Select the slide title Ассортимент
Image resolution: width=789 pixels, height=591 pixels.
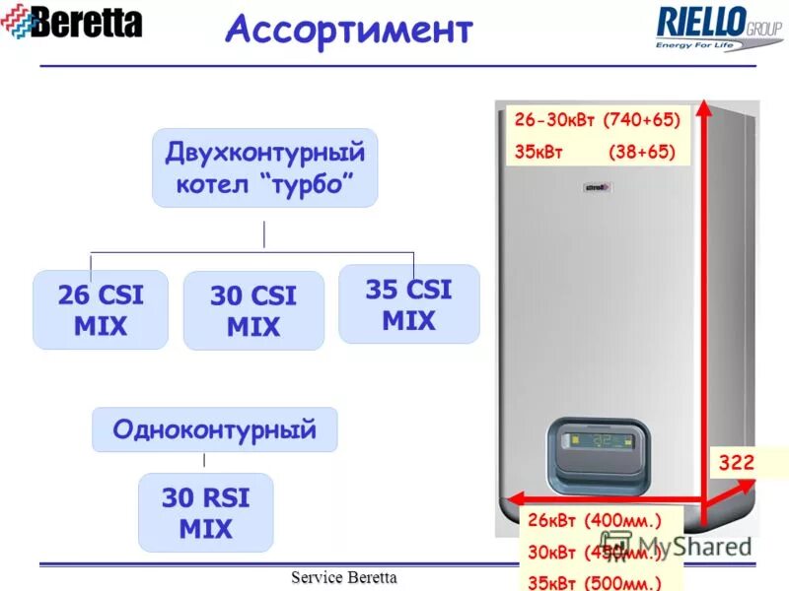tap(348, 30)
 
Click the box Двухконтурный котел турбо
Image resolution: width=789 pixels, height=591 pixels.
tap(264, 167)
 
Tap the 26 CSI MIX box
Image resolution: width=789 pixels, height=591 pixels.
tap(100, 309)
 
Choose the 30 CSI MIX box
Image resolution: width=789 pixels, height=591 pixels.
tap(253, 310)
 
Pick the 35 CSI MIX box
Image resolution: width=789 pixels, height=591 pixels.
tap(408, 303)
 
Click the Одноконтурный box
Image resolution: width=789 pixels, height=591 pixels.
tap(214, 429)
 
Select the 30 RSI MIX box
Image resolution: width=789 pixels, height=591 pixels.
tap(205, 512)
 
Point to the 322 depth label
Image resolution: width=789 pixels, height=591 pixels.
tap(735, 462)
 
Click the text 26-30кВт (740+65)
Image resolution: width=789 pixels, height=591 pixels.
tap(598, 120)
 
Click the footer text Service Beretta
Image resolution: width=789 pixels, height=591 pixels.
tap(342, 577)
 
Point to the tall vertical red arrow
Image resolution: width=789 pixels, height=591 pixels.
tap(703, 295)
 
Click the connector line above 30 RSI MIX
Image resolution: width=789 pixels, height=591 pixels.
tap(204, 460)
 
